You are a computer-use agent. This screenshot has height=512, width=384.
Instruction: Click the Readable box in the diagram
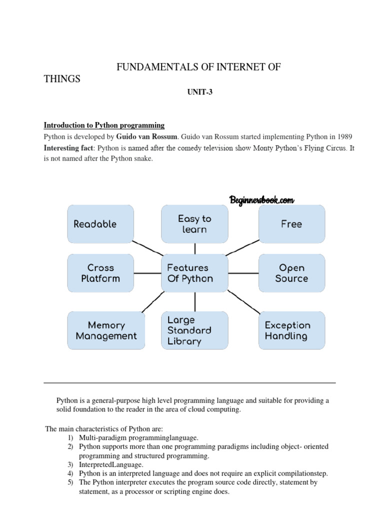tap(100, 223)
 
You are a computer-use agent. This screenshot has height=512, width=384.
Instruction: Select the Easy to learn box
tap(194, 223)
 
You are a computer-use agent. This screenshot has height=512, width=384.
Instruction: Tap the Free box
tap(291, 223)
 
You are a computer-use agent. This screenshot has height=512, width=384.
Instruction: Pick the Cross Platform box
tap(100, 273)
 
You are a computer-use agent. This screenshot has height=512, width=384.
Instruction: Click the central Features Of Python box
tap(194, 273)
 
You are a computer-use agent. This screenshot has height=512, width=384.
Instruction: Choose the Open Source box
tap(291, 273)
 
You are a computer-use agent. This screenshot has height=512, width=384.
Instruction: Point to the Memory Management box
tap(106, 330)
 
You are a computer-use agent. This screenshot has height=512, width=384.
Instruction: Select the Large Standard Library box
tap(194, 330)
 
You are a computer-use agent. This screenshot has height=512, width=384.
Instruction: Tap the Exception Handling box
tap(291, 330)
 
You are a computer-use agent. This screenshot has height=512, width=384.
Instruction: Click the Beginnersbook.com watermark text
tap(261, 200)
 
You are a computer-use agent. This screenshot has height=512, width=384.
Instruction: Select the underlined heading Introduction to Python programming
tap(104, 125)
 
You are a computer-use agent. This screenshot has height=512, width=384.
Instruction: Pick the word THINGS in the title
tap(62, 79)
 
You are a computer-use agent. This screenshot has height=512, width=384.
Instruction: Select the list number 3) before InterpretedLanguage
tap(70, 464)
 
